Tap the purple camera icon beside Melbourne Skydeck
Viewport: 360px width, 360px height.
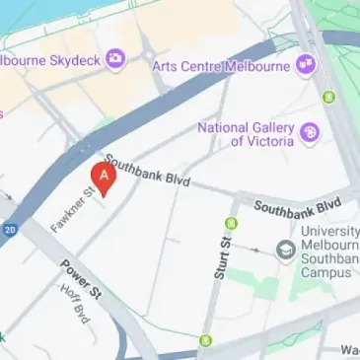pos(117,61)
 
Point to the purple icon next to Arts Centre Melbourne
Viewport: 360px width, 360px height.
pos(306,65)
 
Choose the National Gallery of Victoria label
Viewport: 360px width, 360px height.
pos(246,134)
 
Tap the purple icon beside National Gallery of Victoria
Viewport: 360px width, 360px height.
pos(310,132)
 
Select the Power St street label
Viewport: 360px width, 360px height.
pos(81,280)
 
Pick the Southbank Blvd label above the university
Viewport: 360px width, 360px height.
pos(297,206)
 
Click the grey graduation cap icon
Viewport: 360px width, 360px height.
pos(286,250)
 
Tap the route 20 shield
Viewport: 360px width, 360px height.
pos(9,229)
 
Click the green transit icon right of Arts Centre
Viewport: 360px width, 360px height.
pos(328,97)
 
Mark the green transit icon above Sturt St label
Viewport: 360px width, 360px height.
pos(231,224)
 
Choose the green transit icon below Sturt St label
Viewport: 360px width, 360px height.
pos(206,341)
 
